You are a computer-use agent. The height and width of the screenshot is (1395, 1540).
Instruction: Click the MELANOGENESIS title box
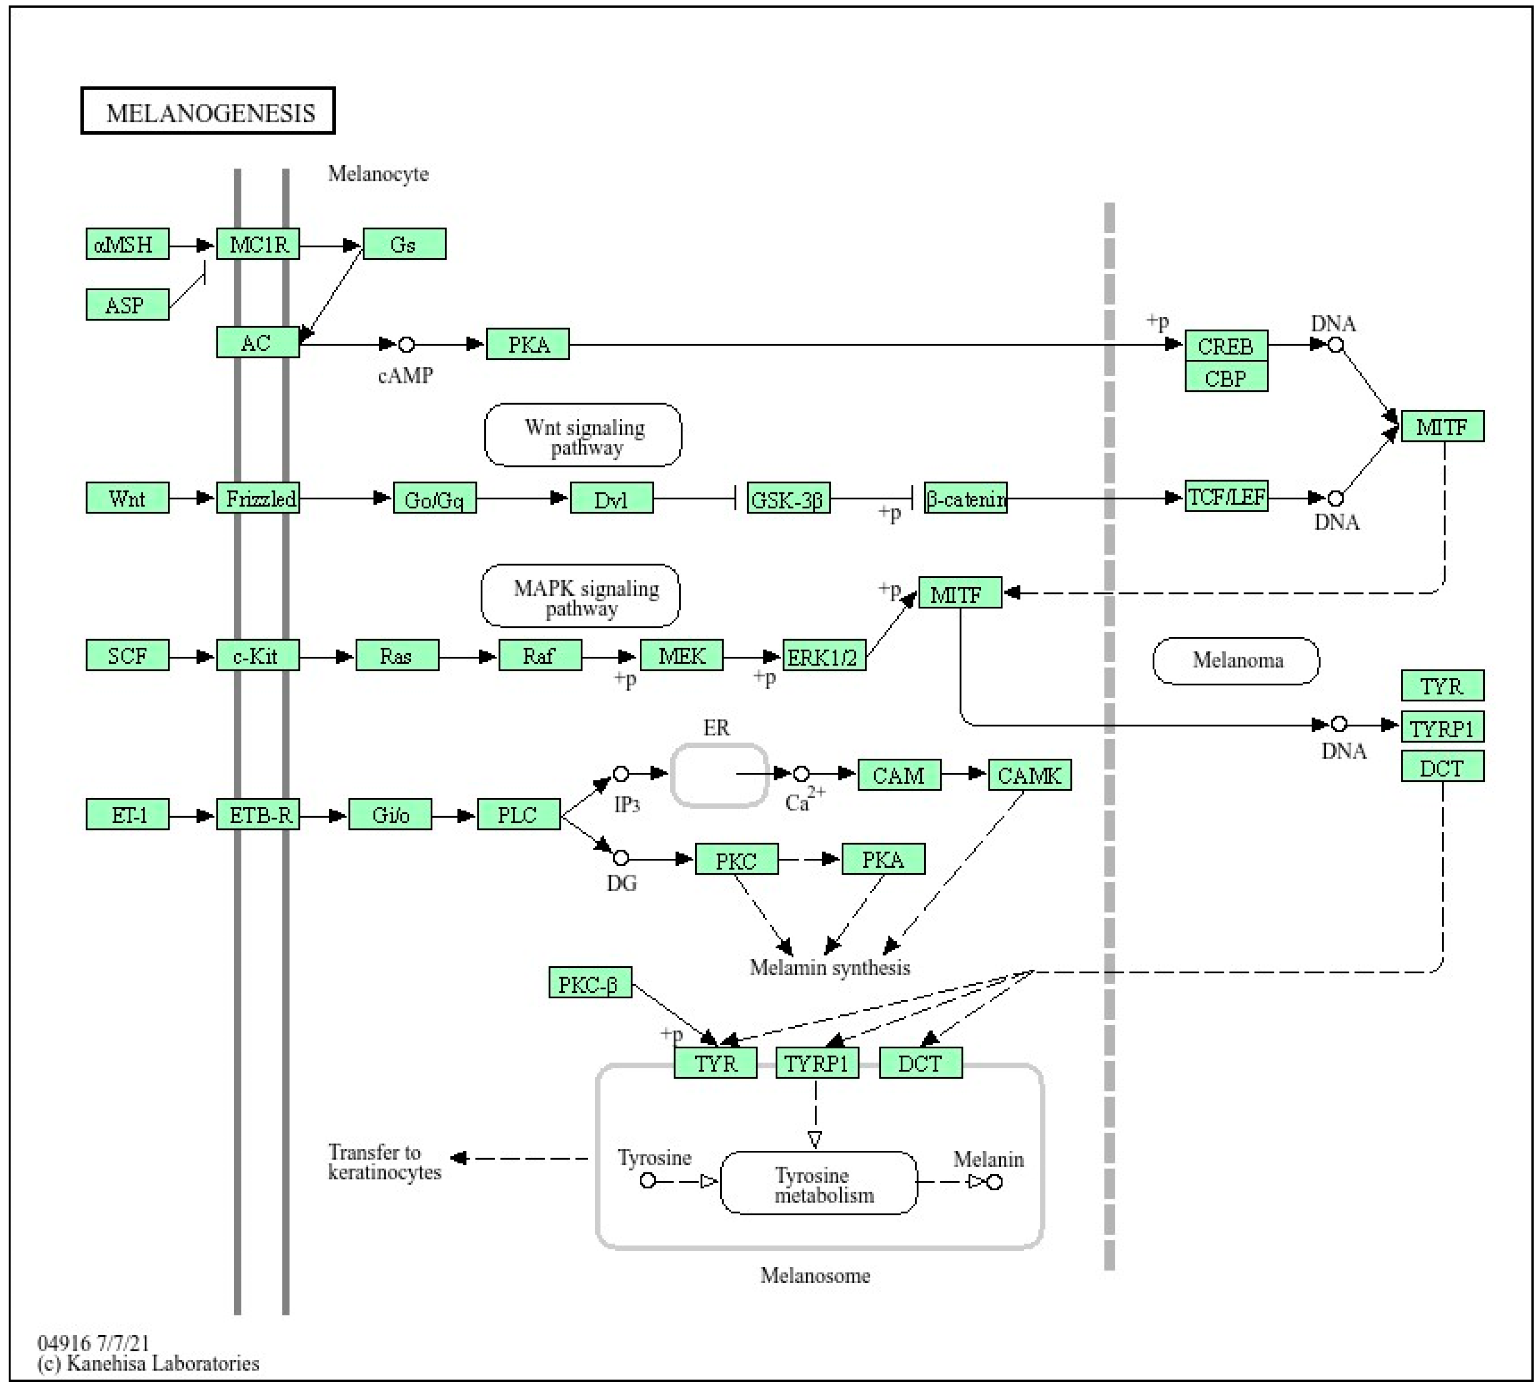[208, 111]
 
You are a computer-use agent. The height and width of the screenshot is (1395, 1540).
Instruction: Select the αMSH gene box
[127, 244]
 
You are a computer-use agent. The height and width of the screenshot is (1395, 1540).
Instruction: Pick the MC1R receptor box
[258, 244]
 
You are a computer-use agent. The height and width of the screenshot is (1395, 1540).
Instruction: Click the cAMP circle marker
[407, 345]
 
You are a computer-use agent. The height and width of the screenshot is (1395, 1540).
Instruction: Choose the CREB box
[1226, 345]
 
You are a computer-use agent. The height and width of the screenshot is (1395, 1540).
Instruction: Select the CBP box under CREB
[1226, 377]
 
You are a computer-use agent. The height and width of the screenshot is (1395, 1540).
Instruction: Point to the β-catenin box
[966, 498]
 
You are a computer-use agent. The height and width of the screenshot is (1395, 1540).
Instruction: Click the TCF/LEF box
[1226, 497]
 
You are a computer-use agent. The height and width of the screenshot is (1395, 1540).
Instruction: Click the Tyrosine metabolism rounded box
[819, 1183]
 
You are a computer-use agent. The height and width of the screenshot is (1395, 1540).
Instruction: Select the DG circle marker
[621, 858]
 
